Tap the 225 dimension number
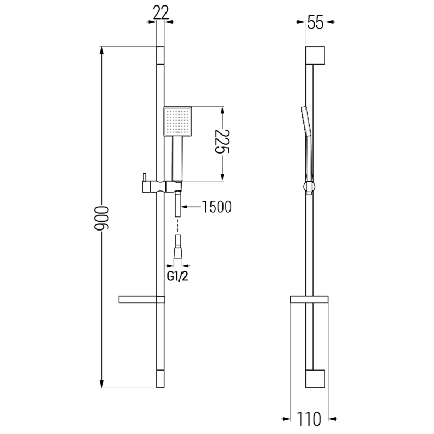pos(223,144)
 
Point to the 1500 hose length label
pos(216,207)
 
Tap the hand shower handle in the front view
pos(177,158)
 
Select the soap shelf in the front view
pos(140,299)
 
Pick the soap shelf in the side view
pos(309,299)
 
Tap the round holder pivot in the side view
pos(309,188)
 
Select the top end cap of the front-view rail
pos(159,55)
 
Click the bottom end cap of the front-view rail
pos(159,379)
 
